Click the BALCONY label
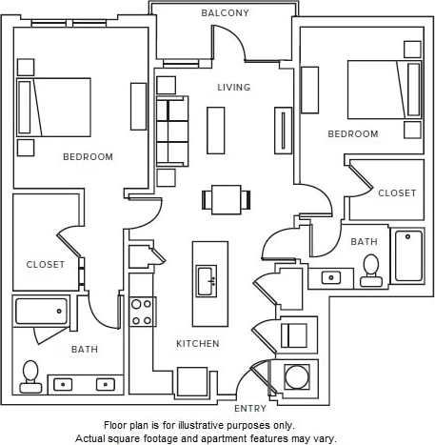tap(226, 13)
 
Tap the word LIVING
tap(233, 88)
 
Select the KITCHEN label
tap(197, 343)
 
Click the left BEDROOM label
tap(88, 157)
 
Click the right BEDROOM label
tap(353, 134)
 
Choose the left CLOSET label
tap(46, 264)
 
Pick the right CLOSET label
tap(397, 192)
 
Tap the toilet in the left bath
tap(31, 375)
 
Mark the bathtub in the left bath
tap(42, 312)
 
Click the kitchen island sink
tap(207, 280)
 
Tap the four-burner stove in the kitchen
tap(142, 312)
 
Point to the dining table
tap(227, 199)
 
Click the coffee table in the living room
tap(216, 131)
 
